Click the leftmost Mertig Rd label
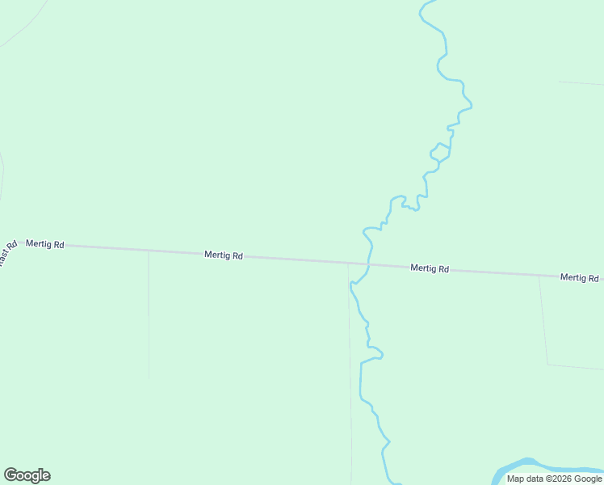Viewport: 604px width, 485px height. (44, 243)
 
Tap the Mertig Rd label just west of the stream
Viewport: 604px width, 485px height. (224, 255)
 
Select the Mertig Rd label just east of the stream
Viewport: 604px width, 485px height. (429, 268)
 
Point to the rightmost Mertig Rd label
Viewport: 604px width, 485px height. (579, 278)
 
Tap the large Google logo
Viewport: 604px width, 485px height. (27, 475)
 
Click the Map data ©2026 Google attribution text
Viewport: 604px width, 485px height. (554, 479)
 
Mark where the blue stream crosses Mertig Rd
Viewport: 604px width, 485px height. (369, 264)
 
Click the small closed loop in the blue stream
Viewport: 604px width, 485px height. (440, 151)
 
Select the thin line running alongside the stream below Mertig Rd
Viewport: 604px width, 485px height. (350, 380)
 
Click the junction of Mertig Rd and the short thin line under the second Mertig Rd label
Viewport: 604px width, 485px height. (149, 251)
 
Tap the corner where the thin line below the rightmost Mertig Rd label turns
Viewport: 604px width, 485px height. (547, 365)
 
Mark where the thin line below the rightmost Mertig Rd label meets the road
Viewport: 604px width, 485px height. (539, 275)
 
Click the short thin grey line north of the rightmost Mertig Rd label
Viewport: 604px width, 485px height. (581, 83)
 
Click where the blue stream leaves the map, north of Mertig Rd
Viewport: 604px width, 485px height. (428, 2)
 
